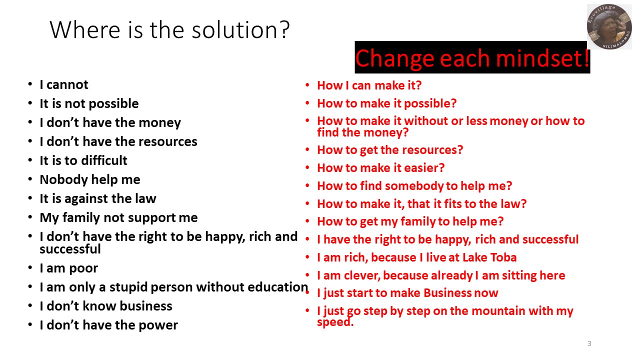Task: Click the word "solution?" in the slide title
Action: [x=240, y=29]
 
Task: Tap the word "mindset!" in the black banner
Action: [x=542, y=58]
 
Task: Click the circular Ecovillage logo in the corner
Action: [x=609, y=26]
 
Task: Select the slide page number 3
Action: [x=589, y=343]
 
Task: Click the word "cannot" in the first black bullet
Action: [x=67, y=84]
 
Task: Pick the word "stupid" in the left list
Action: [x=128, y=287]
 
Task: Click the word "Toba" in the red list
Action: [x=503, y=257]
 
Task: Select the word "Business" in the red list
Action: [x=447, y=293]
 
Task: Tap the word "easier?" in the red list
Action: [x=424, y=167]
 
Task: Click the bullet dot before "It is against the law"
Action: [x=30, y=198]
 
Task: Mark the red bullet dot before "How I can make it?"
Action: [x=307, y=85]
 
